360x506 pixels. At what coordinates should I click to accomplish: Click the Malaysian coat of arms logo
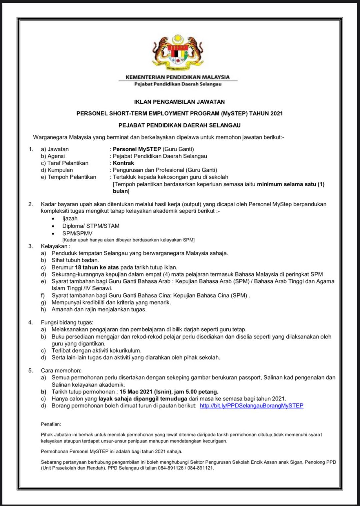click(x=178, y=52)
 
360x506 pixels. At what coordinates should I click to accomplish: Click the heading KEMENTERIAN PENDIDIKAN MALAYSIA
click(x=178, y=77)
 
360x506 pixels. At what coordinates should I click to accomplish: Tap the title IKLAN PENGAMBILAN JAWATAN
click(x=179, y=102)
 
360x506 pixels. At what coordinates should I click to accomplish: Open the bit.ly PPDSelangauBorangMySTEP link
click(x=251, y=406)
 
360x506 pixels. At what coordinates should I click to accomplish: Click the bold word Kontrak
click(x=123, y=163)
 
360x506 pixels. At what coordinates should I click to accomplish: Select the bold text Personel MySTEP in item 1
click(x=137, y=149)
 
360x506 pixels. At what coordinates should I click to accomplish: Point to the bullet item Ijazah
click(x=70, y=218)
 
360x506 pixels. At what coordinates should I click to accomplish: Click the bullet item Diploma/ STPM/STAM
click(x=91, y=226)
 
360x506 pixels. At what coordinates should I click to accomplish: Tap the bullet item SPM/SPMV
click(x=77, y=233)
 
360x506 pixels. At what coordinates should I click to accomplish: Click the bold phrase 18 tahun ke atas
click(x=97, y=267)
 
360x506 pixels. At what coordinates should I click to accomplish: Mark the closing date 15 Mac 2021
click(x=136, y=392)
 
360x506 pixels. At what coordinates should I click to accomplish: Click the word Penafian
click(x=51, y=424)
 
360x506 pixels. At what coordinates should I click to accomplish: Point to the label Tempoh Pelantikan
click(x=72, y=177)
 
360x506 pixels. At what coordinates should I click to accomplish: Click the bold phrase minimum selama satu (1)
click(x=290, y=184)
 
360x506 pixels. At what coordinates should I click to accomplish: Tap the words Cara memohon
click(x=61, y=370)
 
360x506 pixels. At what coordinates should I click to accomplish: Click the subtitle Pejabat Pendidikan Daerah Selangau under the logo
click(x=178, y=84)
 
